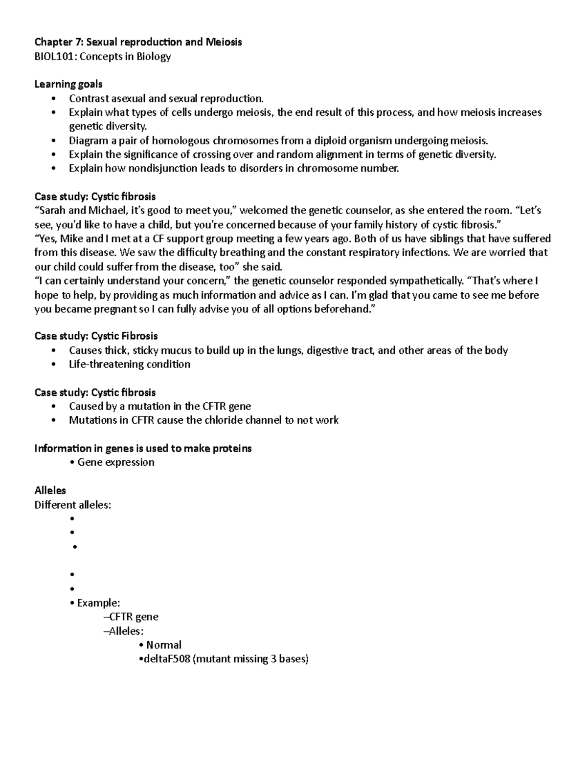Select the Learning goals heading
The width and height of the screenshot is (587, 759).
click(x=68, y=84)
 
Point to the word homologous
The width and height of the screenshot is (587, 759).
click(x=180, y=141)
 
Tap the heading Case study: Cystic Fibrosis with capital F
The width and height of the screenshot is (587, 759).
click(x=96, y=336)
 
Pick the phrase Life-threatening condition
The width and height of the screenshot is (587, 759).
click(x=130, y=364)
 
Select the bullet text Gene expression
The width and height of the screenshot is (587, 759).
click(x=115, y=462)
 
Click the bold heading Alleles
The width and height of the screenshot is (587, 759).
click(x=50, y=490)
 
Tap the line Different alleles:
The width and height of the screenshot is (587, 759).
click(x=72, y=505)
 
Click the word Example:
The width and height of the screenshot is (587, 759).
click(x=98, y=603)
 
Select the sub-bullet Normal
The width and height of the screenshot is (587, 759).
click(x=163, y=645)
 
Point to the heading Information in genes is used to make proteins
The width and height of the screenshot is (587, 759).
click(x=143, y=448)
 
